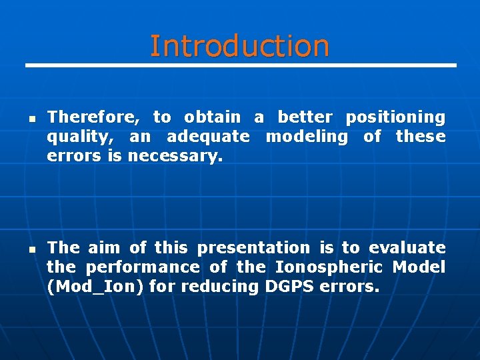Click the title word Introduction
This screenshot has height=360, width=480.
(x=239, y=46)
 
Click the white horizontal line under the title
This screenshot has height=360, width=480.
(x=240, y=65)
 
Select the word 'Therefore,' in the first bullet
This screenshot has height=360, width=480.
(x=93, y=117)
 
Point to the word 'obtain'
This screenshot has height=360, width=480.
(x=212, y=117)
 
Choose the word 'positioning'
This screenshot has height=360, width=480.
(x=395, y=118)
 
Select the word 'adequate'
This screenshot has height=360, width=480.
(x=208, y=137)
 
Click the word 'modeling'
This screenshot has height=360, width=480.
(x=307, y=137)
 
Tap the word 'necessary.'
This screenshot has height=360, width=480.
(x=174, y=156)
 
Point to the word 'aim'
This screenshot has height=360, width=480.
(x=104, y=248)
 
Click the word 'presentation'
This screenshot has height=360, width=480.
(x=253, y=248)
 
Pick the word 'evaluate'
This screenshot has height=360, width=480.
(x=407, y=248)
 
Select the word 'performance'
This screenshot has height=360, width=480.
(x=143, y=267)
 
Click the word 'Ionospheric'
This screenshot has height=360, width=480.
(x=329, y=267)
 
